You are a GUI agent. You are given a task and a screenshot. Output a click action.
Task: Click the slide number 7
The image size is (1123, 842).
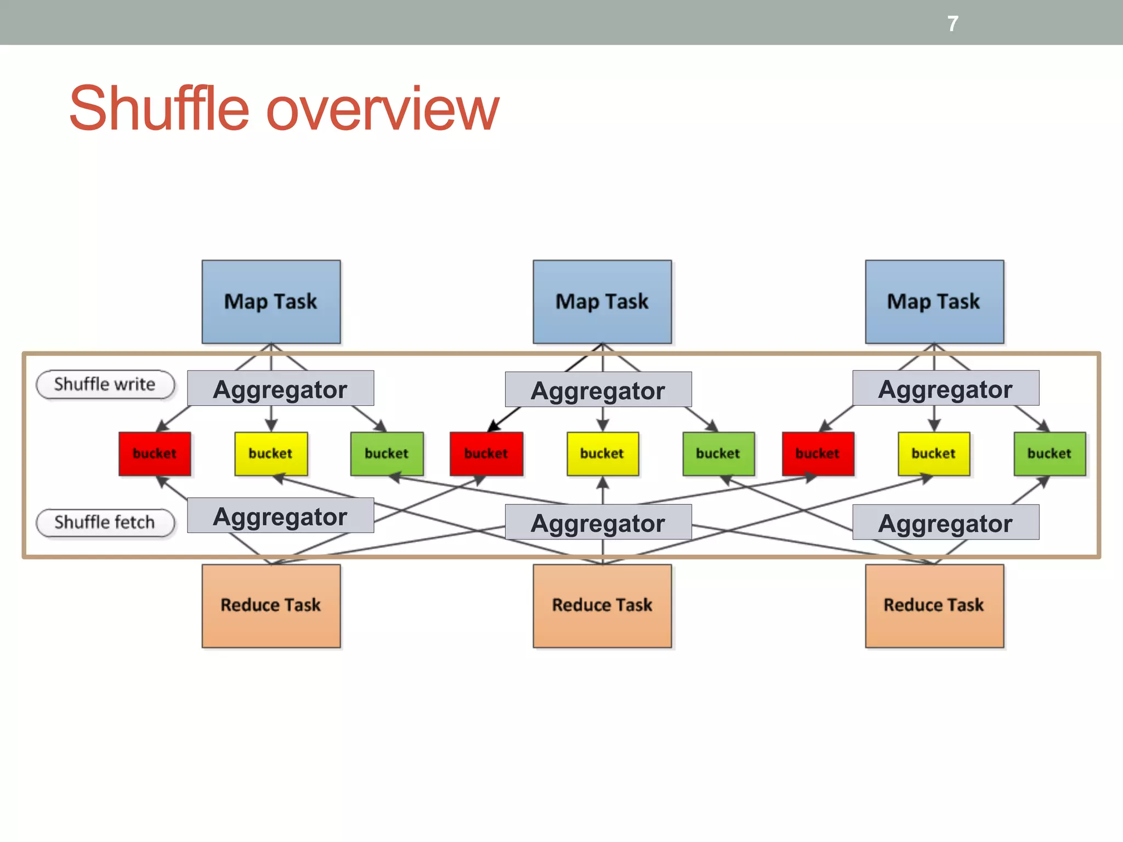[952, 24]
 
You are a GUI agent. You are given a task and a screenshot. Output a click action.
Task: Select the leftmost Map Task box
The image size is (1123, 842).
[271, 302]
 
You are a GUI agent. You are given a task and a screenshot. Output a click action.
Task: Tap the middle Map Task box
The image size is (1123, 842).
[602, 302]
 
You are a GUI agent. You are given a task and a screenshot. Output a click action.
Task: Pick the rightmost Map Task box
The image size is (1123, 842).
[934, 302]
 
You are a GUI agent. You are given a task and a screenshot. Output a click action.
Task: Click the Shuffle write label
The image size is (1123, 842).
[105, 384]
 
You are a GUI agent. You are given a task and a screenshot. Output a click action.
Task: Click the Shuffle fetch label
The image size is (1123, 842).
[105, 522]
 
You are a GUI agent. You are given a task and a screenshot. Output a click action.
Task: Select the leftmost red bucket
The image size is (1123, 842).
[155, 453]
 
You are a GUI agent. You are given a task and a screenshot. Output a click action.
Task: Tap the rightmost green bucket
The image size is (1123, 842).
[1049, 453]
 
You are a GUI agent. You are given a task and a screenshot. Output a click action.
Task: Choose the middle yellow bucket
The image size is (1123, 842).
[602, 453]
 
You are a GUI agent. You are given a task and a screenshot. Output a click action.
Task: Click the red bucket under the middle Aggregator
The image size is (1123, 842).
[486, 453]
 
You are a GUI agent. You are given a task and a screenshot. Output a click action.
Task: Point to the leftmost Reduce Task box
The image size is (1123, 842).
[271, 605]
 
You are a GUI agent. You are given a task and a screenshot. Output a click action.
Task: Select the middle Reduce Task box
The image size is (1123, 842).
[602, 605]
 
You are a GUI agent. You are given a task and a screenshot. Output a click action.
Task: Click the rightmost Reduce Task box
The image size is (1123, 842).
[934, 605]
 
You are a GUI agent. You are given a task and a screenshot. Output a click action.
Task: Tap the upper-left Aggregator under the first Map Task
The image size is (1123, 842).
[280, 389]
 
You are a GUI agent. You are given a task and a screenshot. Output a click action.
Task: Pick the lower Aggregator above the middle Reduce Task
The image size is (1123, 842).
[598, 522]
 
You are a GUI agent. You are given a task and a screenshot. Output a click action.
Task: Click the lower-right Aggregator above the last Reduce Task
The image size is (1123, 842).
[945, 522]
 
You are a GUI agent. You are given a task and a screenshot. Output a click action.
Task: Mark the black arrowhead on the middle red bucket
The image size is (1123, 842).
[494, 426]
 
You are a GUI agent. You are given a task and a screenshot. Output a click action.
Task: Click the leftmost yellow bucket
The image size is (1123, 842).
[271, 453]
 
